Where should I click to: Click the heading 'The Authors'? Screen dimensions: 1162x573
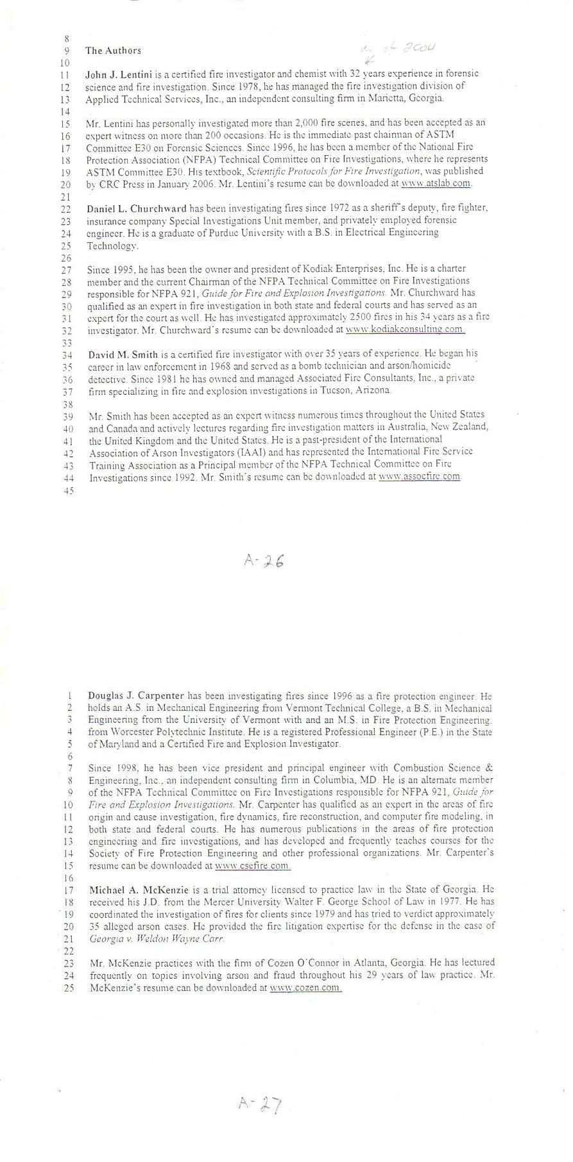pos(113,51)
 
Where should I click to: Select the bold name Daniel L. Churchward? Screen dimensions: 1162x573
pos(137,208)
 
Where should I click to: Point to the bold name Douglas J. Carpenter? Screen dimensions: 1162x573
pos(136,695)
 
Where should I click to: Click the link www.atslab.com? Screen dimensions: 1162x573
pos(436,183)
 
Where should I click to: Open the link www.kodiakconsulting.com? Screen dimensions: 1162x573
pos(405,329)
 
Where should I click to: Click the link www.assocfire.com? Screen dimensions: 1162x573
pos(420,476)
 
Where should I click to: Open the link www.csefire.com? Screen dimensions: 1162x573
pos(252,865)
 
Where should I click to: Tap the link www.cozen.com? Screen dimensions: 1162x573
pos(305,988)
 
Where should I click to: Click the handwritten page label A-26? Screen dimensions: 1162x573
pos(264,561)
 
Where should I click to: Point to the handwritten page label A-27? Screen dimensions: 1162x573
pos(260,1104)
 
